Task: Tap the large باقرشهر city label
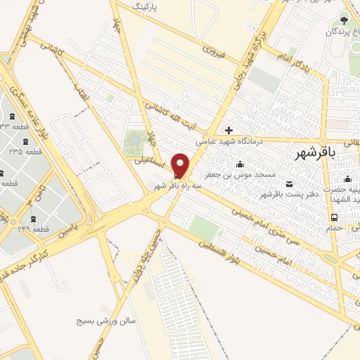point(313,152)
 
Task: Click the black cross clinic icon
point(229,130)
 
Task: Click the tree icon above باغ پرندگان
point(344,18)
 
